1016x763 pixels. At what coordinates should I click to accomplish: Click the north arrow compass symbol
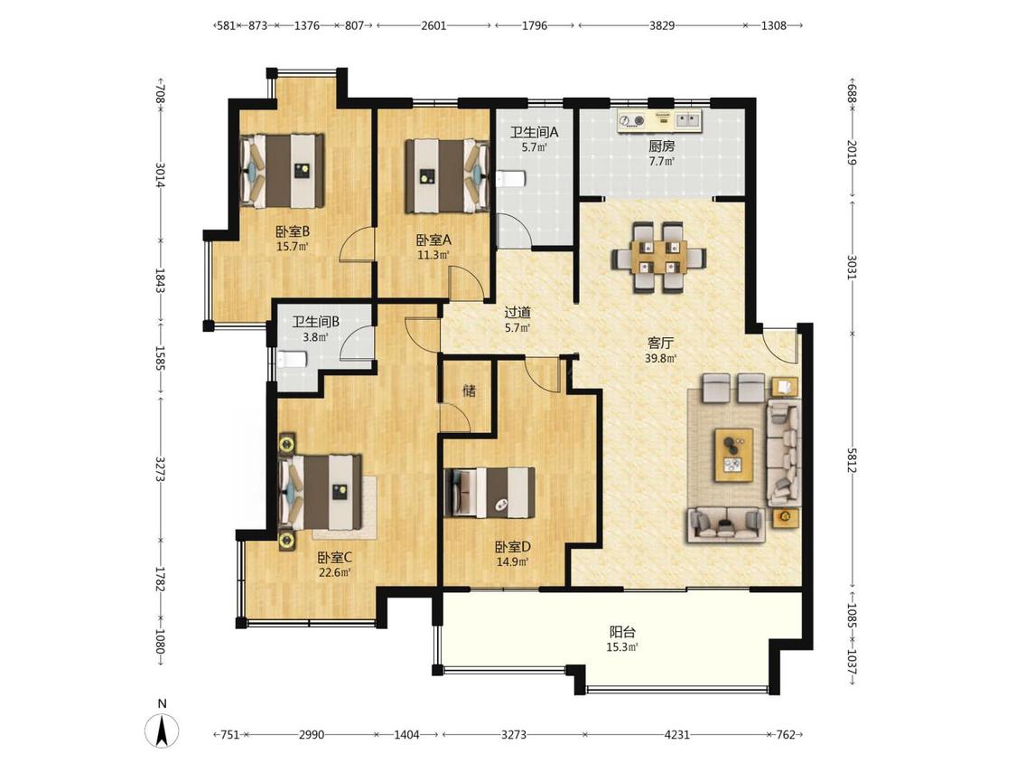coord(162,730)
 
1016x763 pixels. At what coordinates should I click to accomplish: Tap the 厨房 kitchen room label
coord(662,146)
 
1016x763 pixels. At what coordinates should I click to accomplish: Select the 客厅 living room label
coord(660,343)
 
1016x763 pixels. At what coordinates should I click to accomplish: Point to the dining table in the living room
coord(658,258)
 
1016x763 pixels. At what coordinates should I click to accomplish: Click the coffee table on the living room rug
coord(734,455)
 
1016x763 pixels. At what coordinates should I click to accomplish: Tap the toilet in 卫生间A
coord(509,178)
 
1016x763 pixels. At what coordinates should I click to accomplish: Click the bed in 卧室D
coord(490,493)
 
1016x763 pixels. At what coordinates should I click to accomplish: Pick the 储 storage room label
coord(469,391)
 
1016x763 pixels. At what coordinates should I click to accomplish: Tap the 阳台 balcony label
coord(622,631)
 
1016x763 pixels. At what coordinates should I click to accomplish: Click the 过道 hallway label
coord(517,313)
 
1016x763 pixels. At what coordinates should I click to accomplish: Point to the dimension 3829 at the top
coord(662,26)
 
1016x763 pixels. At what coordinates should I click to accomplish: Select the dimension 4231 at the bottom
coord(677,734)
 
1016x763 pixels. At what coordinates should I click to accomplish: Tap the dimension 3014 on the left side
coord(160,175)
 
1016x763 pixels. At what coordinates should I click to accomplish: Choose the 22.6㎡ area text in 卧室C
coord(335,572)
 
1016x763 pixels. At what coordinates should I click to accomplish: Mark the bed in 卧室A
coord(447,175)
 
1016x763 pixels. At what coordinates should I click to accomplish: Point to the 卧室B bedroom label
coord(293,231)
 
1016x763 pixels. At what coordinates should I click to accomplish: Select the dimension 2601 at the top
coord(433,26)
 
